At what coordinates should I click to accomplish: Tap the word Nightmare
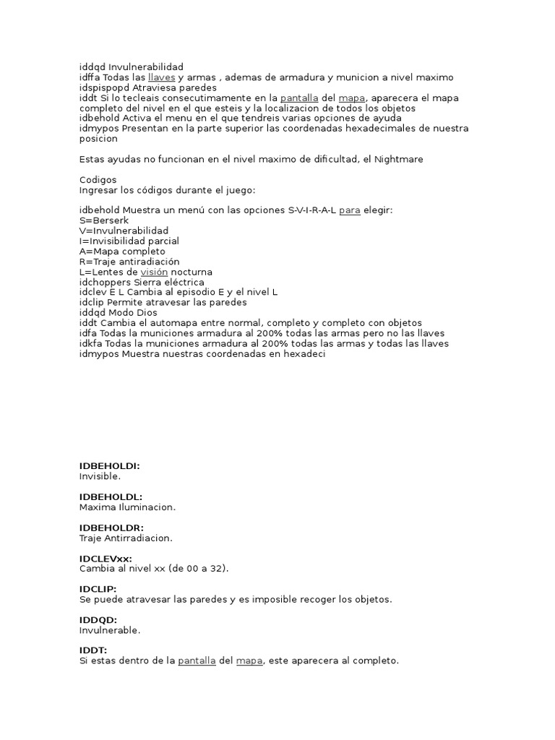[400, 159]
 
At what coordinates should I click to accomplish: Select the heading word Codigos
[98, 179]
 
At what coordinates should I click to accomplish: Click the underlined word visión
[154, 272]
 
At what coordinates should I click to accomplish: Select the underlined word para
[350, 210]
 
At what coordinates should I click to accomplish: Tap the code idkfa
[90, 343]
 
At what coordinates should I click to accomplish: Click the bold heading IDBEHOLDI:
[110, 466]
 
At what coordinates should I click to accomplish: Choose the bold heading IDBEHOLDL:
[111, 496]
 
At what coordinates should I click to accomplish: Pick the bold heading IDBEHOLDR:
[111, 528]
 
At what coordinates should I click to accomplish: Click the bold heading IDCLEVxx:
[106, 559]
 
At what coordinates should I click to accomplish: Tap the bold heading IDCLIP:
[98, 589]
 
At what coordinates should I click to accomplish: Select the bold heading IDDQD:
[98, 620]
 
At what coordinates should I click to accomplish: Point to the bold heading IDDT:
[93, 650]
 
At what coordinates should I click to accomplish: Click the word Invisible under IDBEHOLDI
[100, 476]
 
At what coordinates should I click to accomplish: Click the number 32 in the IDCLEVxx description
[215, 569]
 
